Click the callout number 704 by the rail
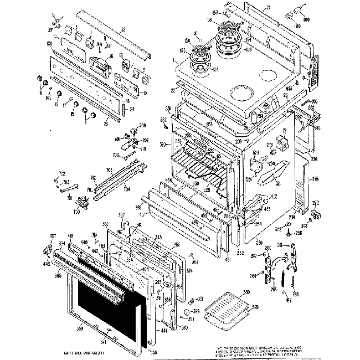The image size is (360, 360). point(126,189)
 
